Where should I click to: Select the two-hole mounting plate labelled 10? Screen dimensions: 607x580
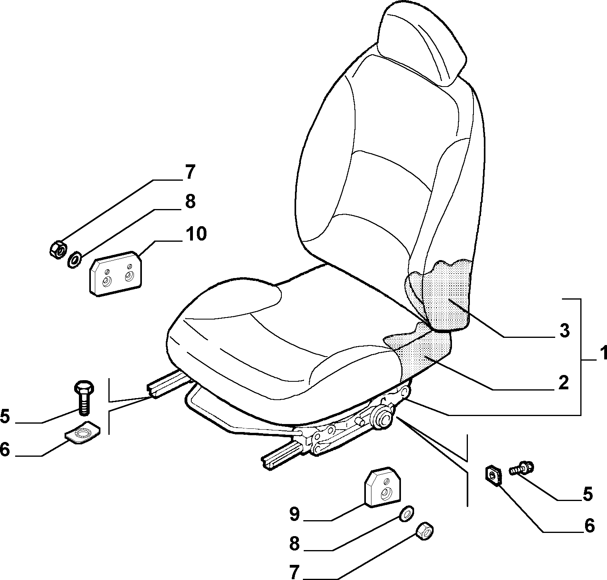pyautogui.click(x=116, y=273)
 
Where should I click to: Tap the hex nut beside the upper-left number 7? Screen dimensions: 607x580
pyautogui.click(x=59, y=249)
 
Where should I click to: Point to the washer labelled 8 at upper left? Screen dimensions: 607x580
pyautogui.click(x=75, y=260)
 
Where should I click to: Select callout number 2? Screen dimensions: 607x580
pyautogui.click(x=563, y=382)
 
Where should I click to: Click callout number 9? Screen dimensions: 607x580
pyautogui.click(x=294, y=514)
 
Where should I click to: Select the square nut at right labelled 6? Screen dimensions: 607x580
pyautogui.click(x=493, y=475)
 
